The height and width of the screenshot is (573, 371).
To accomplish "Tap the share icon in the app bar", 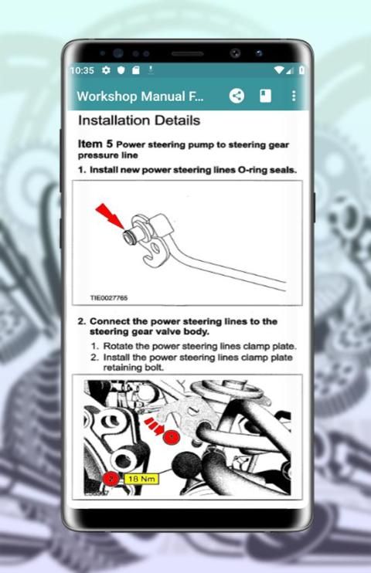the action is point(237,96).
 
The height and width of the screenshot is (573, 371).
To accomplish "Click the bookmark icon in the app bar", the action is point(265,96).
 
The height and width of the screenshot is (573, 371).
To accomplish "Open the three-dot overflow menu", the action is point(294,96).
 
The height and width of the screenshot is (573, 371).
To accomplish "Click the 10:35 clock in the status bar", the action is point(82,70).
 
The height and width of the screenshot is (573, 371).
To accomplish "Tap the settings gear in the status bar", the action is point(106,70).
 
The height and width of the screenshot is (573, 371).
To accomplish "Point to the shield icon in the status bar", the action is point(121,70).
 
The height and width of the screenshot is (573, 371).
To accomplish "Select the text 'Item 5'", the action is point(95,144).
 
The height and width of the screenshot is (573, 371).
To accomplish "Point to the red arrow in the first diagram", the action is point(110,215).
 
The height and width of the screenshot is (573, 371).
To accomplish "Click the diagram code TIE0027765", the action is point(109,298).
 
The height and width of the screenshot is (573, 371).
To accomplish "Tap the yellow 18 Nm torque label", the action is point(141,479).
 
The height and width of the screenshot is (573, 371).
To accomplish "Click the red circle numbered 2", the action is point(111,479).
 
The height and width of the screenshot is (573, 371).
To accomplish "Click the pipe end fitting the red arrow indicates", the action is point(130,236).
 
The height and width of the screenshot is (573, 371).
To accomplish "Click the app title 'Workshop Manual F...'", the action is point(140,97).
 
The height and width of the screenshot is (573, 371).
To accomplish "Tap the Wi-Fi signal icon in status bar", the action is point(279,70).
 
